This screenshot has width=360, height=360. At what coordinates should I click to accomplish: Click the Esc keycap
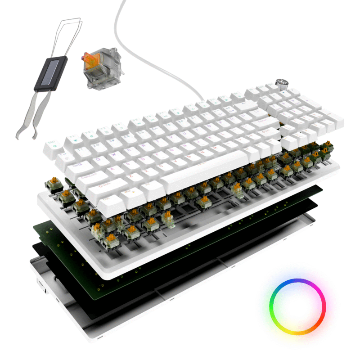53,145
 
